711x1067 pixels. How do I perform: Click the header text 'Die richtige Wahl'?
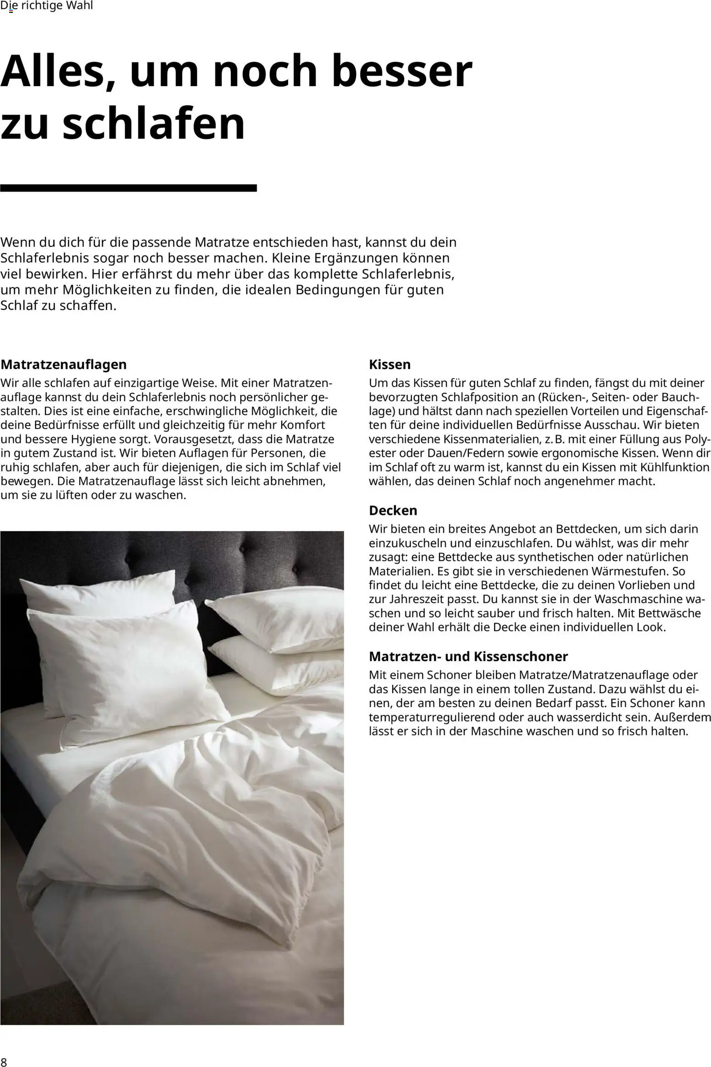click(x=46, y=6)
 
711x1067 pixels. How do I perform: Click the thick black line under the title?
click(x=128, y=188)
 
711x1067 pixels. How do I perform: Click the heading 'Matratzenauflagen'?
click(x=63, y=365)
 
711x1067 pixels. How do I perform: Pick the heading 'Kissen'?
click(x=389, y=365)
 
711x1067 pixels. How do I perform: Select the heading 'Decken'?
click(x=393, y=510)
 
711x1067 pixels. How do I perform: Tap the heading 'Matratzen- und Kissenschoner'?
click(x=468, y=656)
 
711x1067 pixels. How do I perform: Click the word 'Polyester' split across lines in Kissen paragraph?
click(x=697, y=439)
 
